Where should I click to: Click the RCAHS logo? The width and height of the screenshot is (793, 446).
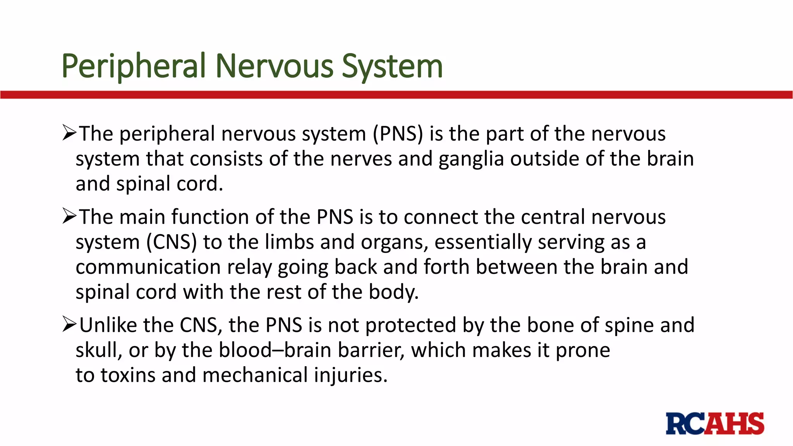[715, 424]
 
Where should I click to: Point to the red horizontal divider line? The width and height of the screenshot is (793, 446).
[396, 95]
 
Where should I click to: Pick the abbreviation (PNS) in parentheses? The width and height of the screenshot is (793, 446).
[398, 134]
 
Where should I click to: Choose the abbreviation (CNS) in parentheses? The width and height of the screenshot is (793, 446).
[172, 242]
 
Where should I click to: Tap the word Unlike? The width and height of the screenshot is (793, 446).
[108, 325]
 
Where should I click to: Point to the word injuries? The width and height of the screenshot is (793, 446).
[350, 375]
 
